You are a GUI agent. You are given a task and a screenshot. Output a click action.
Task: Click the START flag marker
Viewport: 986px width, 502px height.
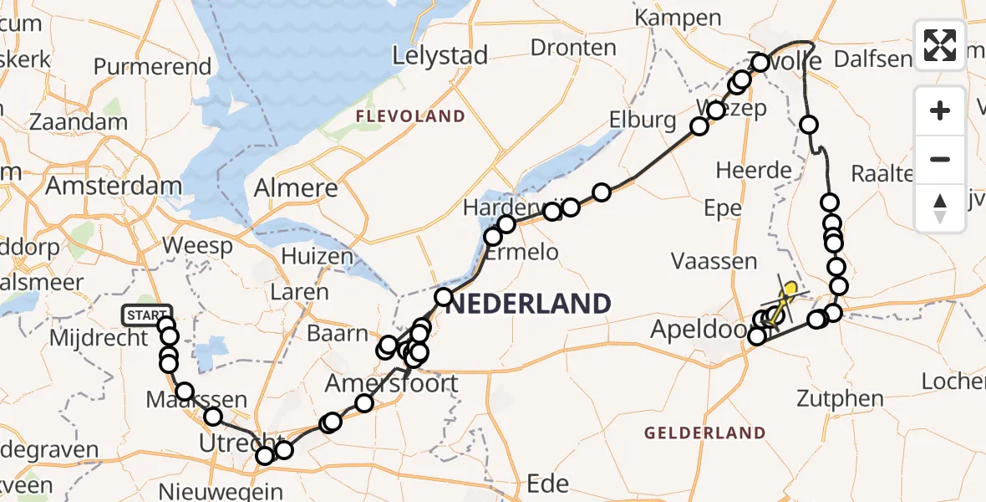pyautogui.click(x=147, y=315)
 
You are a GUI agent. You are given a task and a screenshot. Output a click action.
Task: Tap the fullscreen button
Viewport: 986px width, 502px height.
pyautogui.click(x=940, y=45)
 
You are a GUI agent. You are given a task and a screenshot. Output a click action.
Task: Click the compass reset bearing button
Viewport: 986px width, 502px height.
pyautogui.click(x=940, y=208)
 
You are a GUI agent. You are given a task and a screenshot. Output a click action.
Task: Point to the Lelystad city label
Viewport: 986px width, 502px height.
pyautogui.click(x=440, y=56)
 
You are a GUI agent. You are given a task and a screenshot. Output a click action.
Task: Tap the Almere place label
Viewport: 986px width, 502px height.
pyautogui.click(x=296, y=187)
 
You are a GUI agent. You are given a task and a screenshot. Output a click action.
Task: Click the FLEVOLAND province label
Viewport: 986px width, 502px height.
pyautogui.click(x=410, y=115)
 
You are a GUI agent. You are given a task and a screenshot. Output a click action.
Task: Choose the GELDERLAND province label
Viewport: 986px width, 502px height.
pyautogui.click(x=705, y=433)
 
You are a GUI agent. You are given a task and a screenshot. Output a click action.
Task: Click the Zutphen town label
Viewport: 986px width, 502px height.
pyautogui.click(x=839, y=398)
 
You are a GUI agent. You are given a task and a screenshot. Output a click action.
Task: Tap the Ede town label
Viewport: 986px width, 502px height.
pyautogui.click(x=549, y=483)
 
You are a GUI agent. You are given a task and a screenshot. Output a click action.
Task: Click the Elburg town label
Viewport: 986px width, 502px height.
pyautogui.click(x=643, y=120)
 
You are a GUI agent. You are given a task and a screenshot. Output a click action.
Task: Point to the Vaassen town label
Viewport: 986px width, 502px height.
pyautogui.click(x=714, y=262)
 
